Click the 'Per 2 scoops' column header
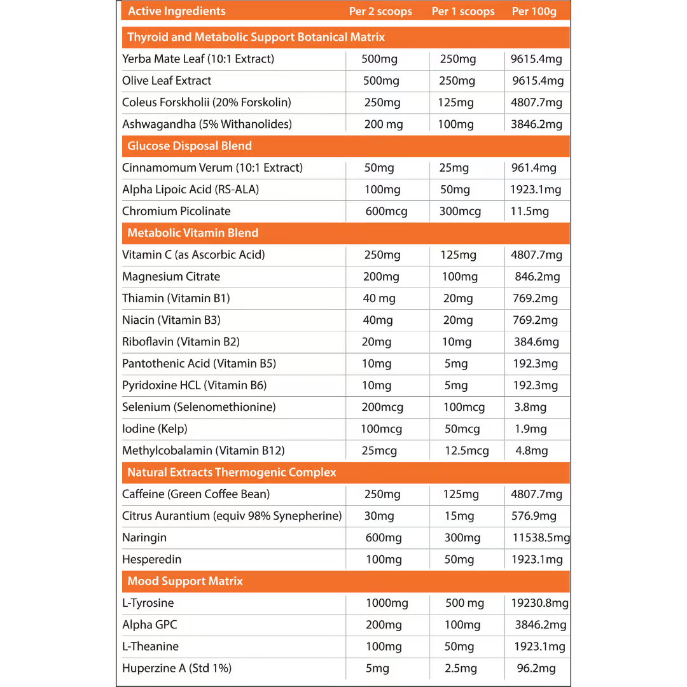pyautogui.click(x=380, y=11)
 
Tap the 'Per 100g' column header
pyautogui.click(x=534, y=11)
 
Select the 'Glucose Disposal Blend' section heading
pyautogui.click(x=190, y=146)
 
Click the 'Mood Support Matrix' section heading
pyautogui.click(x=185, y=581)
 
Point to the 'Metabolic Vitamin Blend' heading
pyautogui.click(x=193, y=233)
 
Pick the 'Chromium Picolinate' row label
pyautogui.click(x=176, y=211)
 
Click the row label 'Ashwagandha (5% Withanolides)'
pyautogui.click(x=207, y=124)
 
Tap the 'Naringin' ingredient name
pyautogui.click(x=144, y=538)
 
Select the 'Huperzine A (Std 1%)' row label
pyautogui.click(x=177, y=668)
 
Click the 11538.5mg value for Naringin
pyautogui.click(x=541, y=538)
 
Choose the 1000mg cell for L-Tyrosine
pyautogui.click(x=387, y=603)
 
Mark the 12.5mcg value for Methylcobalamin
pyautogui.click(x=467, y=451)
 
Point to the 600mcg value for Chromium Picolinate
pyautogui.click(x=386, y=211)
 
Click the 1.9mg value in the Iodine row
pyautogui.click(x=531, y=429)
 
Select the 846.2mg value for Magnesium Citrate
pyautogui.click(x=537, y=277)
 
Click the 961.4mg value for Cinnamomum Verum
pyautogui.click(x=534, y=168)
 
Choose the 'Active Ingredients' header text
pyautogui.click(x=177, y=11)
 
